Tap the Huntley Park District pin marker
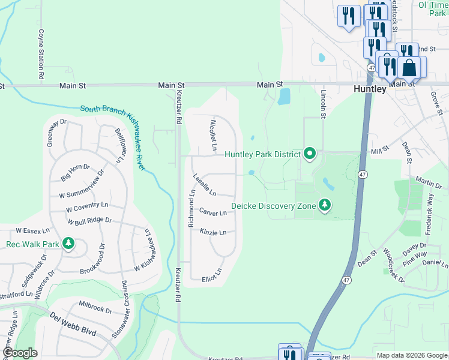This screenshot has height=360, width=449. tap(310, 154)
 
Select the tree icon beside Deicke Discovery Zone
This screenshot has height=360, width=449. tap(325, 206)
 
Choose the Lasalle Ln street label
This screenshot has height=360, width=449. tap(204, 184)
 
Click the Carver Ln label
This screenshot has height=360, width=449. tap(213, 212)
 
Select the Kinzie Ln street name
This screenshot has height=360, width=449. tap(213, 232)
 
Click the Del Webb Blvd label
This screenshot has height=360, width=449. tap(73, 324)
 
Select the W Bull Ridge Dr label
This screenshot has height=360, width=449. tap(89, 221)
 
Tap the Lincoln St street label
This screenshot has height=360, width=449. tap(323, 103)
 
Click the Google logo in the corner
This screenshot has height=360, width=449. tap(20, 352)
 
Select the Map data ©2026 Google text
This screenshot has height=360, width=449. tap(411, 355)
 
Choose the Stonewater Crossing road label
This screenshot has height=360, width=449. tap(125, 309)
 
